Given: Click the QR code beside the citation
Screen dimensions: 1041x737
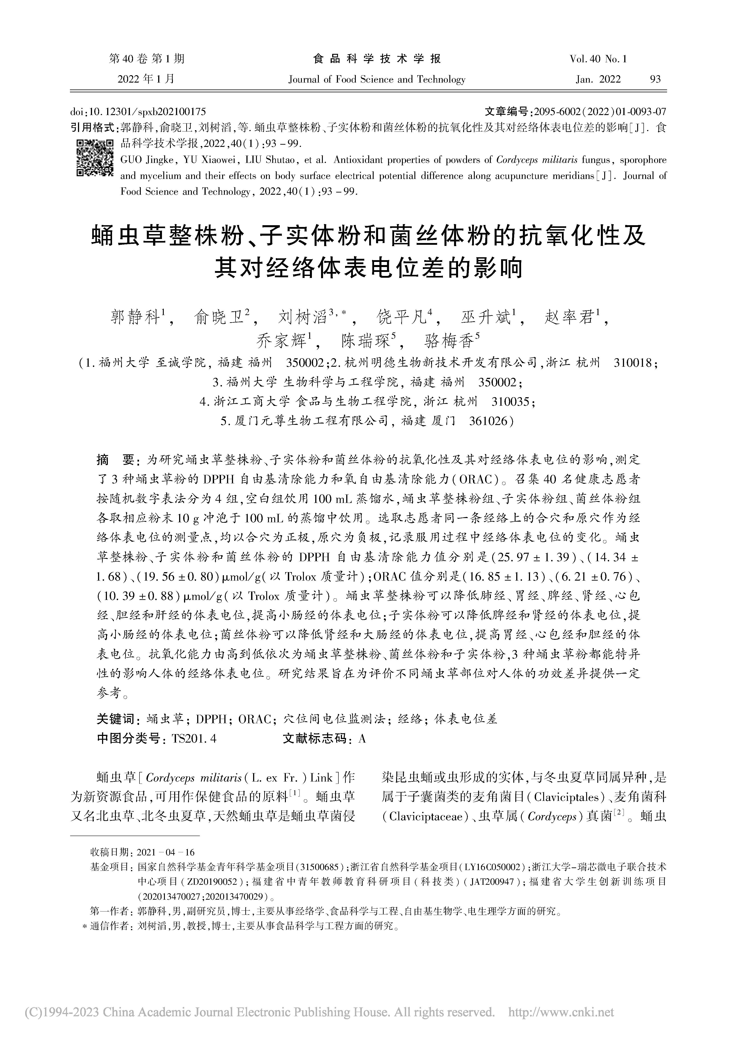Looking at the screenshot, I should pos(94,158).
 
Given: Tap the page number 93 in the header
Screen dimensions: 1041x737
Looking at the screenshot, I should pos(655,79).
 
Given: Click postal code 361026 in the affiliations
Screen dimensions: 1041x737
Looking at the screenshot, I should pos(489,421).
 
